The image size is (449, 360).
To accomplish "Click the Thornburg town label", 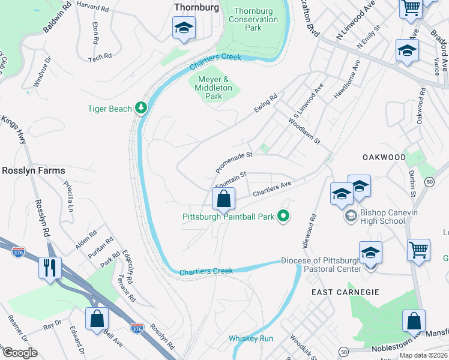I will (x=194, y=7).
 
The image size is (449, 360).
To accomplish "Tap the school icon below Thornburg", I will (x=184, y=28).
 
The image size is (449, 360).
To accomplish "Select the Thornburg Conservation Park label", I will (x=256, y=19).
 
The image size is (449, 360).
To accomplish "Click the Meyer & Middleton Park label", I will (x=214, y=88).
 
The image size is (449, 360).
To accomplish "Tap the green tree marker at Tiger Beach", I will (x=141, y=107).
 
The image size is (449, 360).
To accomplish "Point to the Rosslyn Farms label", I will (x=33, y=170).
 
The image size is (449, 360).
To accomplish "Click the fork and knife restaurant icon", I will (x=49, y=266).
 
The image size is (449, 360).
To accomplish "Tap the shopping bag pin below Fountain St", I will (x=223, y=199).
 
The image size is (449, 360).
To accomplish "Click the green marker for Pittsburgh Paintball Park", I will (x=285, y=217).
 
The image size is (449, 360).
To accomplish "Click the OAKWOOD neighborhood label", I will (x=384, y=157).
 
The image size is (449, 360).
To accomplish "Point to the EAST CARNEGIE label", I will (x=345, y=292).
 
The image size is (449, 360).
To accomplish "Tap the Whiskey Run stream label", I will (x=251, y=338).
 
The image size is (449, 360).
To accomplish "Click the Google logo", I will (x=20, y=352).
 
